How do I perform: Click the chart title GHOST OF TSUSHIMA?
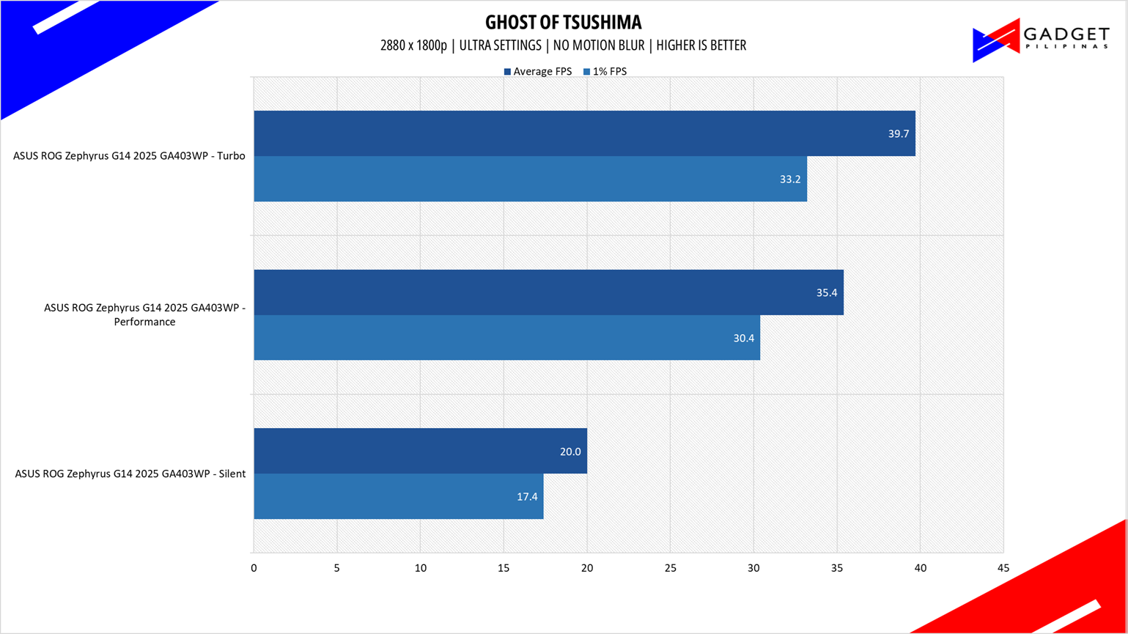pyautogui.click(x=563, y=22)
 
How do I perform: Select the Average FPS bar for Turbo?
pyautogui.click(x=585, y=133)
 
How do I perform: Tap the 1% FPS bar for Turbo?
pyautogui.click(x=530, y=179)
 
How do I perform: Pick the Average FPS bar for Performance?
pyautogui.click(x=549, y=292)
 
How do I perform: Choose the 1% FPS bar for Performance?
pyautogui.click(x=507, y=337)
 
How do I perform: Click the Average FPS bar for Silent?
pyautogui.click(x=421, y=451)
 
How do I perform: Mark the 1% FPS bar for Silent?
pyautogui.click(x=399, y=496)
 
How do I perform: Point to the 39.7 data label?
pyautogui.click(x=899, y=133)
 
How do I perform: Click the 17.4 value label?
pyautogui.click(x=527, y=496)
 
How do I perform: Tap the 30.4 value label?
pyautogui.click(x=744, y=338)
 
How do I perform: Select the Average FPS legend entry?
pyautogui.click(x=538, y=72)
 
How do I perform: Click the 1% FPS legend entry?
pyautogui.click(x=605, y=72)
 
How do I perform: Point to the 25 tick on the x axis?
pyautogui.click(x=670, y=568)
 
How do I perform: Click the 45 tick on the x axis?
pyautogui.click(x=1003, y=568)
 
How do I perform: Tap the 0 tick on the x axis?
pyautogui.click(x=254, y=568)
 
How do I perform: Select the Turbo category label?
pyautogui.click(x=130, y=156)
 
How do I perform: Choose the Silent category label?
pyautogui.click(x=130, y=474)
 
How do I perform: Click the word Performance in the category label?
pyautogui.click(x=144, y=322)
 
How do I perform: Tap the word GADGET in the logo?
pyautogui.click(x=1066, y=34)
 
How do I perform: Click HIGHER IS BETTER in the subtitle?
pyautogui.click(x=701, y=45)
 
